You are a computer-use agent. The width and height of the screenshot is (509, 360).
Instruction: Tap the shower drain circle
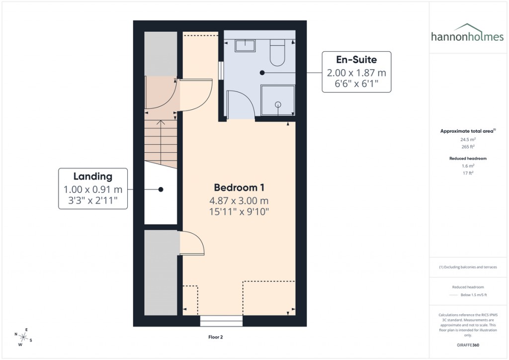pos(277,104)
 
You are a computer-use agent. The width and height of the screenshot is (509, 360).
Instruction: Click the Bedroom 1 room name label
pos(239,187)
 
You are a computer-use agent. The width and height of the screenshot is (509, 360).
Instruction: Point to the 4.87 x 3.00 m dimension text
pos(239,201)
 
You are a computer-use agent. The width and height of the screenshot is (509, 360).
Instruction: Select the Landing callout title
pos(92,176)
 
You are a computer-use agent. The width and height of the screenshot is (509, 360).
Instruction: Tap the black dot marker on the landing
pos(161,189)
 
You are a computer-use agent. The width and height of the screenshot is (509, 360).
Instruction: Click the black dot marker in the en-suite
pos(262,73)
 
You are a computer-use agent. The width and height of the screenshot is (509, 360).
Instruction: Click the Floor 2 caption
pos(215,337)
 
